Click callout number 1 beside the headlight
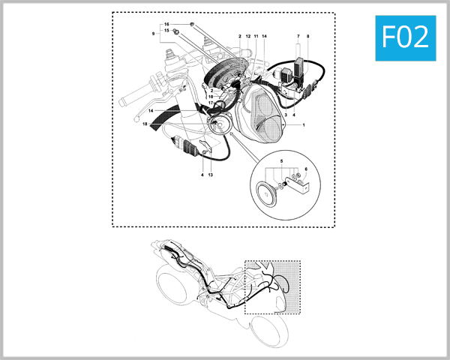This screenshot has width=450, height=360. pyautogui.click(x=302, y=124)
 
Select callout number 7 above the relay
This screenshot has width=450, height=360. pyautogui.click(x=298, y=36)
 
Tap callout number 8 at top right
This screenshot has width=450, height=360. pyautogui.click(x=307, y=36)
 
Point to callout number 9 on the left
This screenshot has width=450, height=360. pyautogui.click(x=153, y=34)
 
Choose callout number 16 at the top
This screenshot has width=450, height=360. pyautogui.click(x=166, y=25)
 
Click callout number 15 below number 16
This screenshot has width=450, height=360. pyautogui.click(x=166, y=31)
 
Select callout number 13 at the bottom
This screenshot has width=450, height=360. pyautogui.click(x=211, y=174)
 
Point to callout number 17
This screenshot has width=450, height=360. pyautogui.click(x=211, y=103)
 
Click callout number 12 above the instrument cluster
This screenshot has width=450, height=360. pyautogui.click(x=247, y=36)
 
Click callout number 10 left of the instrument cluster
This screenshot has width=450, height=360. pyautogui.click(x=211, y=97)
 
